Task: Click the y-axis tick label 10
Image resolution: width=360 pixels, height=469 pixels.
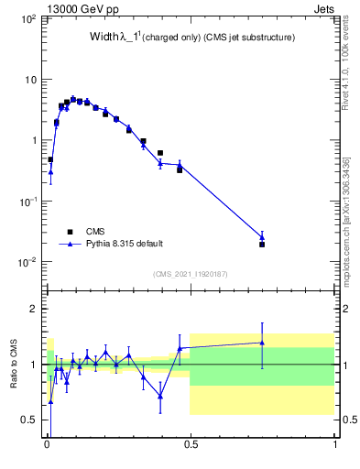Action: (30, 80)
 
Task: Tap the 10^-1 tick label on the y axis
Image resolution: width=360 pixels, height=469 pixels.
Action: (27, 202)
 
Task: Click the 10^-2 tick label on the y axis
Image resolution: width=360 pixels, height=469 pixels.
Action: (27, 262)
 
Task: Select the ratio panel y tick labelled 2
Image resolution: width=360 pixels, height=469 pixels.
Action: (33, 309)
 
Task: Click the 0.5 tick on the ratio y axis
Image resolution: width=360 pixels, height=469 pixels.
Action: (28, 420)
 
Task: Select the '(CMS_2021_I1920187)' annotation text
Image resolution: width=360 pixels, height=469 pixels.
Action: (190, 274)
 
